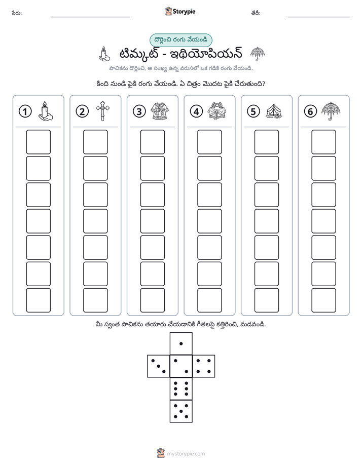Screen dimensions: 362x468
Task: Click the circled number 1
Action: tap(25, 111)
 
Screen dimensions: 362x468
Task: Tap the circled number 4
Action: tap(196, 111)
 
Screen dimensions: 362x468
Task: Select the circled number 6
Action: tap(310, 111)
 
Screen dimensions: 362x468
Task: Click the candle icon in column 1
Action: tap(46, 111)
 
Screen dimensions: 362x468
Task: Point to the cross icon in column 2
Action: tap(102, 111)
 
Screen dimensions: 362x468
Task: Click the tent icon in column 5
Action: tap(274, 111)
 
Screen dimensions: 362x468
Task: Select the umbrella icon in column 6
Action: tap(331, 111)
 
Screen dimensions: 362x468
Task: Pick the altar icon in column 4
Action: tap(217, 111)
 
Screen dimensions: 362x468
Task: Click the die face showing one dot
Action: tap(181, 343)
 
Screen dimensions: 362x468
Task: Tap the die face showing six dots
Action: tap(181, 388)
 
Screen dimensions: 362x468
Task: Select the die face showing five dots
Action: tap(181, 411)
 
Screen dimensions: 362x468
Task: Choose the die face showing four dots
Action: tap(203, 366)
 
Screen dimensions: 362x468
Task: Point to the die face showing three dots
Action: tap(159, 366)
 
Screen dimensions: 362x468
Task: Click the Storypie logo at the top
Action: tap(180, 12)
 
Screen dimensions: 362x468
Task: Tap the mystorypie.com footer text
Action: tap(186, 454)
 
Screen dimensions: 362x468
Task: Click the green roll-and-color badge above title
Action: tap(180, 40)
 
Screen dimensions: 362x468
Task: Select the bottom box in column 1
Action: tap(38, 300)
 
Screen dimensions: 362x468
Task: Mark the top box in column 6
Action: tap(323, 142)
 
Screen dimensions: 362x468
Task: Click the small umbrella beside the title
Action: tap(258, 54)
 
